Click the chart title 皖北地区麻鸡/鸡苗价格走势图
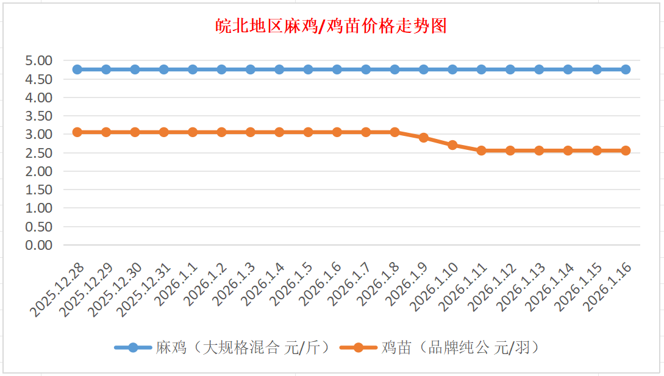click(x=332, y=26)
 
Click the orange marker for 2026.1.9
click(x=424, y=138)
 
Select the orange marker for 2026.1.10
click(x=452, y=145)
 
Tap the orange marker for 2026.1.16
click(x=626, y=151)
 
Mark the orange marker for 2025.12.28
click(x=77, y=132)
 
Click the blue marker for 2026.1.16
click(x=626, y=69)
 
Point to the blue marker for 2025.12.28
click(x=77, y=69)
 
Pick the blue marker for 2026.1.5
click(x=308, y=69)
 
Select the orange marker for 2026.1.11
click(x=481, y=151)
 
